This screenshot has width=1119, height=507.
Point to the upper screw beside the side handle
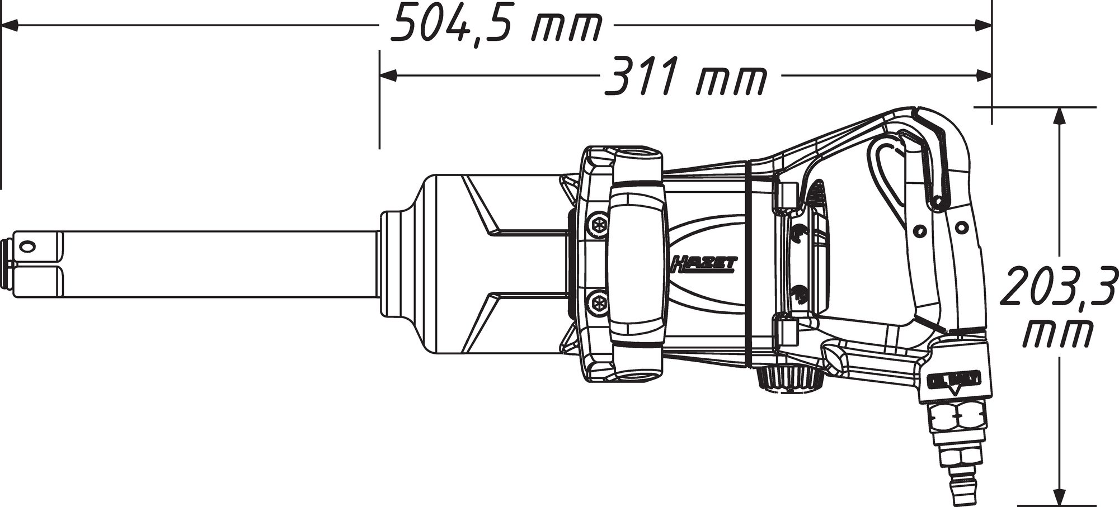597,222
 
